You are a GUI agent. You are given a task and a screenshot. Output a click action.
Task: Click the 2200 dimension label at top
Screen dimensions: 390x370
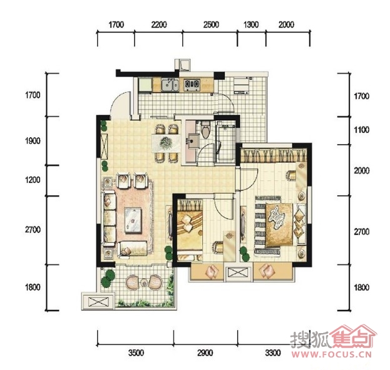coord(159,24)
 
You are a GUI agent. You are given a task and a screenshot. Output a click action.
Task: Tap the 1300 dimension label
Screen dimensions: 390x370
coord(250,24)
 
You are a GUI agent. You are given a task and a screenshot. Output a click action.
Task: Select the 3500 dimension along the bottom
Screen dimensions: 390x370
coord(136,353)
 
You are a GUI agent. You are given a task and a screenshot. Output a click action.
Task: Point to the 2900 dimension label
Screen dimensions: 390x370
coord(205,353)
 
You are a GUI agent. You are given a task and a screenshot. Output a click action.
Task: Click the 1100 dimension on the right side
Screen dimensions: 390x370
coord(361,130)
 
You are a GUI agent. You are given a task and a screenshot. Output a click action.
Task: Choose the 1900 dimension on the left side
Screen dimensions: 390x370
coord(33,141)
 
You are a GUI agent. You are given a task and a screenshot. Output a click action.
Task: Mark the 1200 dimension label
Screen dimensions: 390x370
coord(33,180)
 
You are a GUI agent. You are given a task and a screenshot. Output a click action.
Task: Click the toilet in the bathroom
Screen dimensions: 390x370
coord(206,130)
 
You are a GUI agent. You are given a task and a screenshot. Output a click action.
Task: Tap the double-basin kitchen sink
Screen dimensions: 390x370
coord(170,85)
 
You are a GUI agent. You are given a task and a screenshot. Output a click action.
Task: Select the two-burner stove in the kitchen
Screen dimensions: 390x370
coord(192,85)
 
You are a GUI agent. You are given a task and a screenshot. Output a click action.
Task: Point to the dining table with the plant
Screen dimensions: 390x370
coord(166,143)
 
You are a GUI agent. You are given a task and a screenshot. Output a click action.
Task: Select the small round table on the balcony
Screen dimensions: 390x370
coord(144,282)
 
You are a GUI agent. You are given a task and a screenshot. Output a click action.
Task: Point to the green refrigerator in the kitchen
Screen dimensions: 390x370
coord(145,85)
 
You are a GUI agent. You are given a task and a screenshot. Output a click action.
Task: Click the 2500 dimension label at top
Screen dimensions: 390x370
coord(211,24)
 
